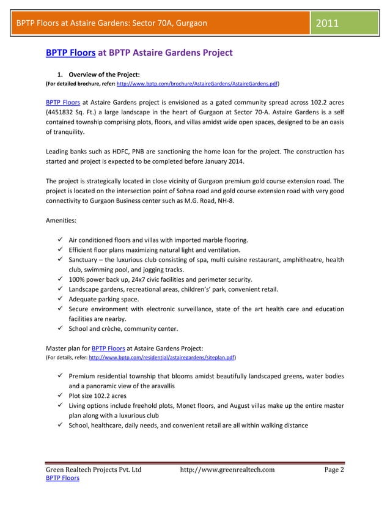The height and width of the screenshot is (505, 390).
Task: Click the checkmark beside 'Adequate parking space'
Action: click(61, 299)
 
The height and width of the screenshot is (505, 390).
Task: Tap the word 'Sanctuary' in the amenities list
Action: click(86, 260)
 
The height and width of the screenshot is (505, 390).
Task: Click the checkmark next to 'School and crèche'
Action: click(61, 328)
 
